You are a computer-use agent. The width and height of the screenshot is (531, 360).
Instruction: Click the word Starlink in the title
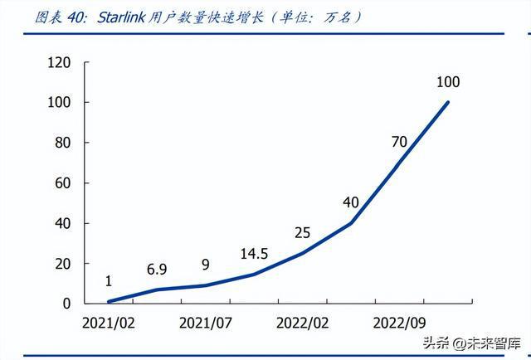tap(120, 17)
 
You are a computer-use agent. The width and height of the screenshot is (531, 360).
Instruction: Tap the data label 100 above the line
tap(447, 82)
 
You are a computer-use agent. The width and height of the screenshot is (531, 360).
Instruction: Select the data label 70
tap(399, 142)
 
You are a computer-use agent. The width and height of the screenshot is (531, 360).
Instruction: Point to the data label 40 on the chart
tap(350, 202)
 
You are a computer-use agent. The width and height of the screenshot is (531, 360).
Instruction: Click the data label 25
tap(302, 232)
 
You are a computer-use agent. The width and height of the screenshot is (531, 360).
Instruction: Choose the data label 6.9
tap(157, 270)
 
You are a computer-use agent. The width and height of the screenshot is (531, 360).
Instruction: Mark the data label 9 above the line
tap(205, 265)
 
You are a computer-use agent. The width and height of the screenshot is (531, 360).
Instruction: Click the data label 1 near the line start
tap(109, 281)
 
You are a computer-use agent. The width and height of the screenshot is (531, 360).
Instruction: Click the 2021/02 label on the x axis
tap(109, 322)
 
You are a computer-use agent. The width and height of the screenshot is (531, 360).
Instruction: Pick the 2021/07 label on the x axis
tap(205, 322)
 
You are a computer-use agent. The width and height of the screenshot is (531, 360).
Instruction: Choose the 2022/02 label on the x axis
tap(302, 322)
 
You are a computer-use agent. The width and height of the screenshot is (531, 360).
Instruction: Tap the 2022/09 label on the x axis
tap(399, 322)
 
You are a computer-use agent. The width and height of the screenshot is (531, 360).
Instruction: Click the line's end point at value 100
tap(448, 102)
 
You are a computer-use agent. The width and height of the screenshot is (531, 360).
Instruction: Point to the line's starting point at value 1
tap(109, 301)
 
